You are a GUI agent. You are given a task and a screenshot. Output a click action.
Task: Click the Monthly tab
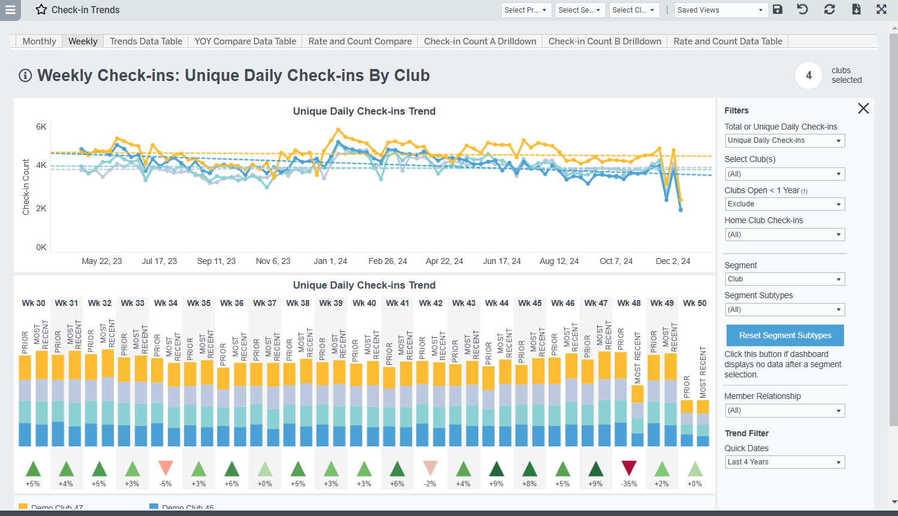[x=39, y=41]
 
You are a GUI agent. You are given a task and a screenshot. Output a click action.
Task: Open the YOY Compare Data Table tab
[x=245, y=41]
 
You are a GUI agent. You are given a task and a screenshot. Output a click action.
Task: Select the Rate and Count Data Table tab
[x=728, y=41]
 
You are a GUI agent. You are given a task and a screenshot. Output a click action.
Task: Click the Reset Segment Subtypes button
[x=785, y=335]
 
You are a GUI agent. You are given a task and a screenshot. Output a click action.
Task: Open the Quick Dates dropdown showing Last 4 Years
[x=785, y=462]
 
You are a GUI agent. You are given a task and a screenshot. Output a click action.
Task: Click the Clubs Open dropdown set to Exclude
[x=785, y=204]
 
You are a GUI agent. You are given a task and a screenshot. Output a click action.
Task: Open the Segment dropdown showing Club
[x=785, y=279]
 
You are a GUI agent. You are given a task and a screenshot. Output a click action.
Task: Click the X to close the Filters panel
[x=863, y=109]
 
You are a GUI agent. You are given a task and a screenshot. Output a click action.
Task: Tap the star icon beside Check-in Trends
[x=41, y=10]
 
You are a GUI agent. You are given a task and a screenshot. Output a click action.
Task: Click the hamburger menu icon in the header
[x=10, y=10]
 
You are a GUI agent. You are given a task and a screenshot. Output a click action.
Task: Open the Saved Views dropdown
[x=720, y=10]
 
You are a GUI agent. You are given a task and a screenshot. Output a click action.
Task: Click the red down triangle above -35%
[x=629, y=468]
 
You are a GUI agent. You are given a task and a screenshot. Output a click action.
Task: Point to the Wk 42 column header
[x=430, y=303]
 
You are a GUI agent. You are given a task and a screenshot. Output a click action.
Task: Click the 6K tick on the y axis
[x=41, y=127]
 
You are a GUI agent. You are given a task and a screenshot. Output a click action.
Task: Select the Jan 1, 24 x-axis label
[x=330, y=261]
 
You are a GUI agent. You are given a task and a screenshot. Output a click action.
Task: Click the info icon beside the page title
[x=25, y=76]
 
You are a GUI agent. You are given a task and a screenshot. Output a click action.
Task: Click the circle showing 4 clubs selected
[x=808, y=76]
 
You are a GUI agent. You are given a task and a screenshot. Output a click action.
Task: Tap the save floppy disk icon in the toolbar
[x=778, y=10]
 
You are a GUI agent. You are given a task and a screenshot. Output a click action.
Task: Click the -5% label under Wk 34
[x=165, y=484]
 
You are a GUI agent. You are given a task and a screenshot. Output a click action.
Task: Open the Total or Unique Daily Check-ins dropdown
[x=785, y=140]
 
